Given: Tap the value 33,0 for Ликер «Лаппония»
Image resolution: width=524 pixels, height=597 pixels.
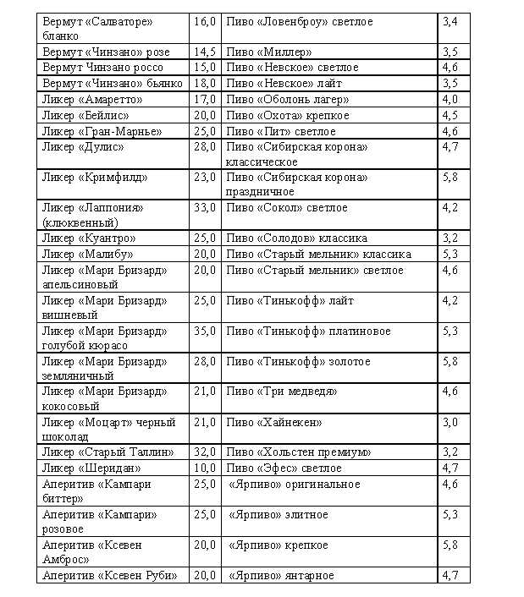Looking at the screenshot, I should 205,208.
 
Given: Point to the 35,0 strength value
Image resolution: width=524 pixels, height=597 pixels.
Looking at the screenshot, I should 205,331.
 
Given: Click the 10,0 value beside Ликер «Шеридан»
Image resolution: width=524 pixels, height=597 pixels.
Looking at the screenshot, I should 205,468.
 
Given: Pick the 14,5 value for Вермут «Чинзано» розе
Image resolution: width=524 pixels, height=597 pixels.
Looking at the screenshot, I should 205,52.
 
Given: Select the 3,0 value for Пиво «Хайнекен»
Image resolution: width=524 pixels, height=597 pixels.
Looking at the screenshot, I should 450,422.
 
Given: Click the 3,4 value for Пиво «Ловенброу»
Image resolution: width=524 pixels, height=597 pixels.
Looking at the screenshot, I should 450,22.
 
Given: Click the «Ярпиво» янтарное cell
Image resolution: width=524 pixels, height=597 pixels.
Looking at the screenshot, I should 281,576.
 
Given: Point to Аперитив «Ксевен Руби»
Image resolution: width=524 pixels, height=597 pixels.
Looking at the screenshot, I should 109,576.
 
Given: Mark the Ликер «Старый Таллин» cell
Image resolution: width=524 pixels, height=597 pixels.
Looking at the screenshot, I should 108,452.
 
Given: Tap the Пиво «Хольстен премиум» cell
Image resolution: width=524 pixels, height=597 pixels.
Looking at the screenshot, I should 298,452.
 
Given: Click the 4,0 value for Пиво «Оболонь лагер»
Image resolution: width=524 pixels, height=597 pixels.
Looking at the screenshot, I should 450,100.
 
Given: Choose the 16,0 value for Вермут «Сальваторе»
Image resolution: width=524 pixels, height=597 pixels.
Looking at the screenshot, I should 205,22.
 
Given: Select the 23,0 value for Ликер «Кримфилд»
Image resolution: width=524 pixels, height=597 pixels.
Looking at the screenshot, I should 205,178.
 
